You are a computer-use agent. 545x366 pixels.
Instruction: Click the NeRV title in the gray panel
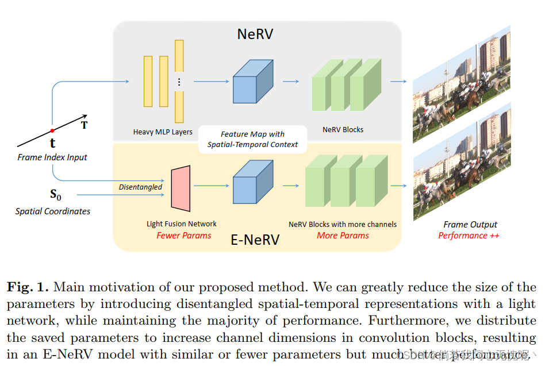[x=255, y=34]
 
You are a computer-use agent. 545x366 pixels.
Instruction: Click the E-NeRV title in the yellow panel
[x=255, y=240]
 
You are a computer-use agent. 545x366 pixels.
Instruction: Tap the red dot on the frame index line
[x=52, y=130]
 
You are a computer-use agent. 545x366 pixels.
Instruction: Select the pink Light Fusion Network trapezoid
[x=181, y=187]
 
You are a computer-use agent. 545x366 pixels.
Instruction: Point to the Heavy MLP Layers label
[x=163, y=132]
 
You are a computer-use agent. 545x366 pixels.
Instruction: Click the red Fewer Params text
[x=184, y=236]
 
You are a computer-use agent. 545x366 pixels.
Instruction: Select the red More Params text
[x=343, y=236]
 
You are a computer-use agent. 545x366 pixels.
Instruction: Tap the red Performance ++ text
[x=469, y=236]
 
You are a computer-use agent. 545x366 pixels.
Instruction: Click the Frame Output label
[x=470, y=225]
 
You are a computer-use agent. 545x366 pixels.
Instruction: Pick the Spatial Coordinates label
[x=53, y=211]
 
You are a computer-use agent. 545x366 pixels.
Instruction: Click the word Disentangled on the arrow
[x=140, y=187]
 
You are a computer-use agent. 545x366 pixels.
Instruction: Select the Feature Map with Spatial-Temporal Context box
[x=252, y=139]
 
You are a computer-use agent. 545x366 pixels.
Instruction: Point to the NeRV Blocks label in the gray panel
[x=343, y=130]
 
